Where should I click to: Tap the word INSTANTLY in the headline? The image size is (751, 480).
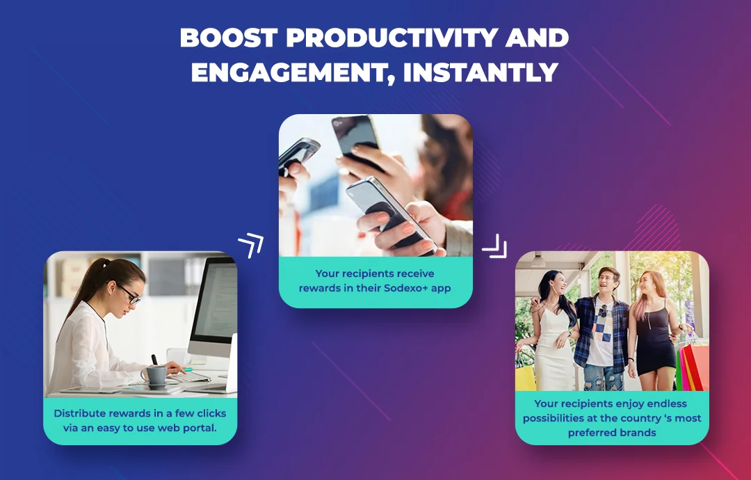pos(481,72)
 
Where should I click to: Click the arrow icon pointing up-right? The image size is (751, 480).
pos(251,246)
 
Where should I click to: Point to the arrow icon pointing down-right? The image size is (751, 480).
pos(495,246)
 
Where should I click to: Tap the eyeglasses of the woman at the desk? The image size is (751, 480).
pos(129,294)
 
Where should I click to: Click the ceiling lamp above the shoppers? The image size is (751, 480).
pos(538,260)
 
